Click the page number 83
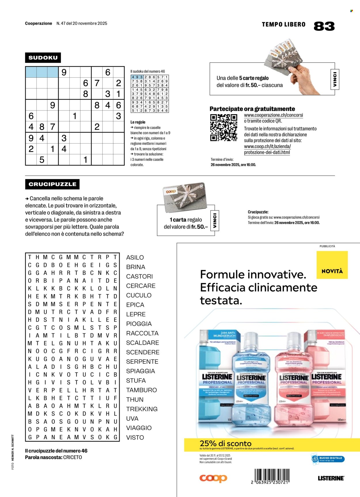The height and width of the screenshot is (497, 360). (324, 26)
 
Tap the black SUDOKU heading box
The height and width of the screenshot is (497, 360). (43, 58)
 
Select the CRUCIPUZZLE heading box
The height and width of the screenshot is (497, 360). (52, 184)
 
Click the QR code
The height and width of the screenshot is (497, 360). (223, 127)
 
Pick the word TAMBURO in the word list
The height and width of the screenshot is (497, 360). (141, 390)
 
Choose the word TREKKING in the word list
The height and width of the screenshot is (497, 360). (142, 409)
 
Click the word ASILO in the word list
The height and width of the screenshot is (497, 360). (135, 258)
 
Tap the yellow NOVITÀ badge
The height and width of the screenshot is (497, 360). (332, 265)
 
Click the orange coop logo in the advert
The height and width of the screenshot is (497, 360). (213, 478)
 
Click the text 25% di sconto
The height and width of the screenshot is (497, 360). (226, 443)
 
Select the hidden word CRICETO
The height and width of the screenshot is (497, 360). (73, 457)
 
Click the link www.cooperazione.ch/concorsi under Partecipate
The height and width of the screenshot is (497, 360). (273, 115)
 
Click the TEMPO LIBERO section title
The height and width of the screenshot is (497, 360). (283, 24)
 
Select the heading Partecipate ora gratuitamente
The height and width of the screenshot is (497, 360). (252, 109)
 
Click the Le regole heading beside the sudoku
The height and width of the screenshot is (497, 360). (138, 122)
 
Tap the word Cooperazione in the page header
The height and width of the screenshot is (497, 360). (39, 23)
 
